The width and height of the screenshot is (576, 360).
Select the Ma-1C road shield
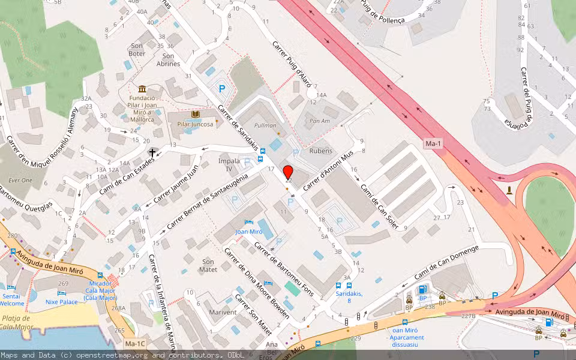pyautogui.click(x=135, y=344)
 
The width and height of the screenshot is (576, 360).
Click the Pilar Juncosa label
pyautogui.click(x=195, y=124)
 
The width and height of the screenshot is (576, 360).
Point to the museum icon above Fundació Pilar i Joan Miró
pyautogui.click(x=142, y=89)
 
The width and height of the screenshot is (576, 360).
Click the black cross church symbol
pyautogui.click(x=152, y=153)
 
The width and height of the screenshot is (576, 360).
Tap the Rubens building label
pyautogui.click(x=320, y=151)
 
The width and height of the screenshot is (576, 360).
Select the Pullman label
pyautogui.click(x=265, y=126)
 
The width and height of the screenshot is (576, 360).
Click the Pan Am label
pyautogui.click(x=320, y=121)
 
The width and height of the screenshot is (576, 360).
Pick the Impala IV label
pyautogui.click(x=225, y=165)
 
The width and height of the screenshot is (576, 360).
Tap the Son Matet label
pyautogui.click(x=208, y=266)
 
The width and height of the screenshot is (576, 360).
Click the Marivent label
pyautogui.click(x=223, y=313)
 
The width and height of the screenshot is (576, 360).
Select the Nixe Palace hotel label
pyautogui.click(x=62, y=302)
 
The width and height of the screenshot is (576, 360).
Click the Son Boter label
pyautogui.click(x=137, y=50)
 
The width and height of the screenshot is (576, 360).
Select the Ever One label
pyautogui.click(x=20, y=180)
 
